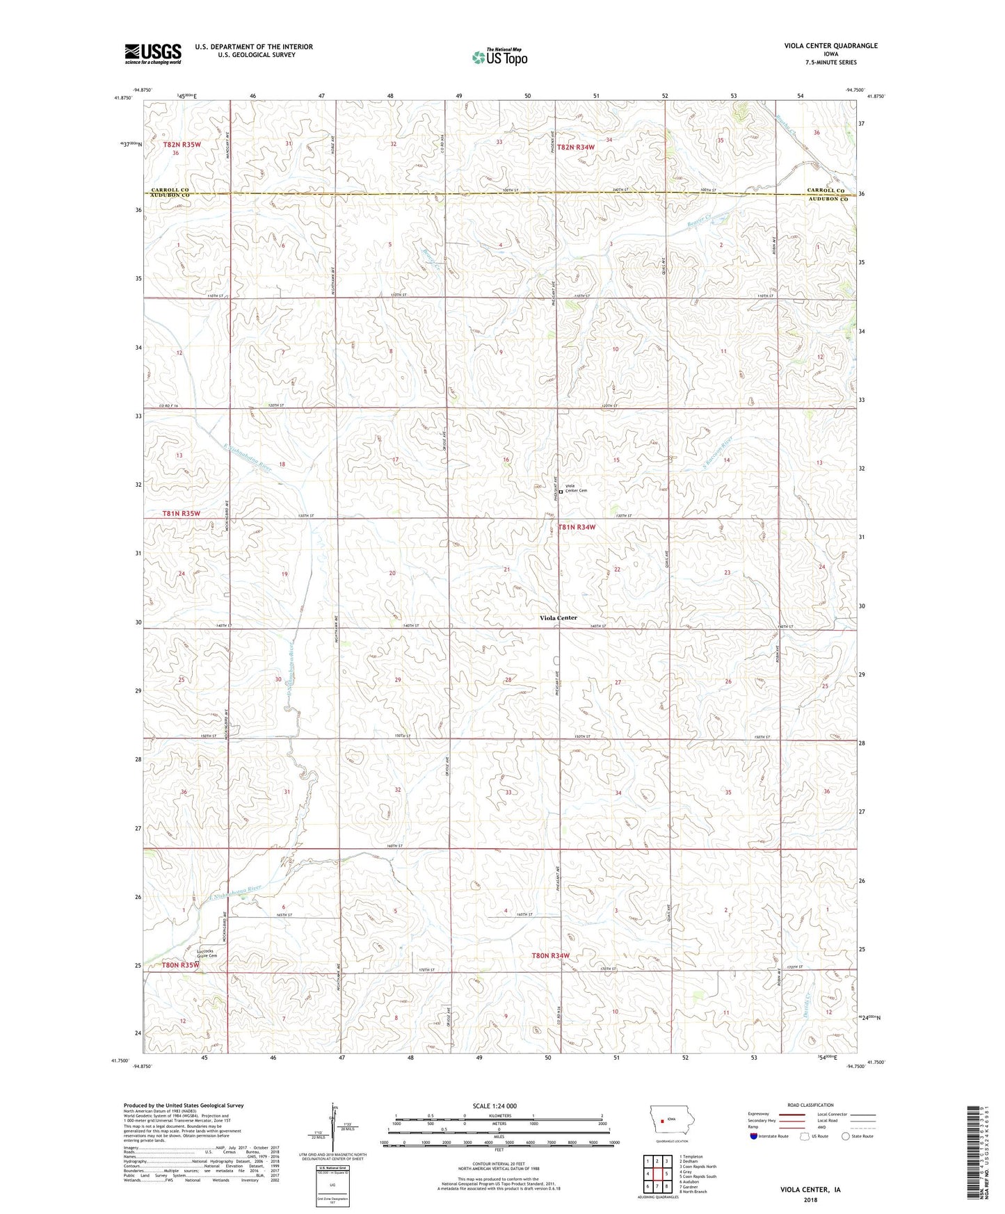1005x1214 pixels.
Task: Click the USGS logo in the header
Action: [x=152, y=54]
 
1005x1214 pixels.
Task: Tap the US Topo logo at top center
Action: [x=499, y=57]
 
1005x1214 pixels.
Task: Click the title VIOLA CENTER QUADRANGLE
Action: [x=830, y=46]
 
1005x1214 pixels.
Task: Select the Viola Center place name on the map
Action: [x=558, y=617]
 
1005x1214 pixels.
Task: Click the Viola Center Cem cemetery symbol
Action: [x=561, y=492]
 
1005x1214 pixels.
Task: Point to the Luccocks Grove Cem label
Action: [x=207, y=953]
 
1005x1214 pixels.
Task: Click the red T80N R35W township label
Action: [x=181, y=965]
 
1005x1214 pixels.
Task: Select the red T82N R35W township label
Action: [x=182, y=145]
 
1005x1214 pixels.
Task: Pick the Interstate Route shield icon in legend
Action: [x=754, y=1137]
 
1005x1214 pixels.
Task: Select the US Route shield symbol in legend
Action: [x=805, y=1137]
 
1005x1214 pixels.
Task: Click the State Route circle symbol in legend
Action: [x=845, y=1137]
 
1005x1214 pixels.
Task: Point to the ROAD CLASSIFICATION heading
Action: [x=810, y=1105]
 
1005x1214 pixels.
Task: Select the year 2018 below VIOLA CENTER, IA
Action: [x=810, y=1199]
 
